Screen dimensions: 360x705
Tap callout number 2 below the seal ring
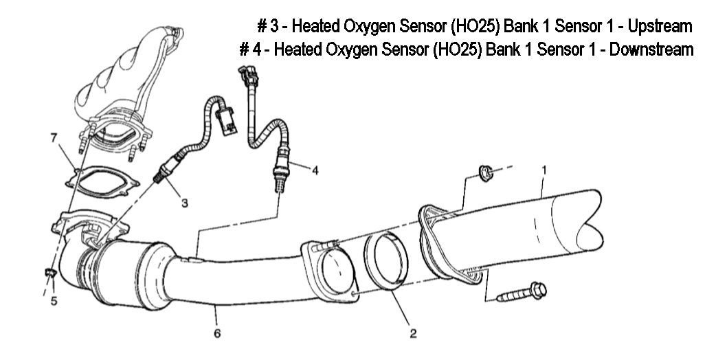point(412,334)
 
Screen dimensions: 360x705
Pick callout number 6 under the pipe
point(217,335)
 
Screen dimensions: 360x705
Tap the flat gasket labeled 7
point(103,180)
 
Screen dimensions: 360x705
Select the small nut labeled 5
point(49,274)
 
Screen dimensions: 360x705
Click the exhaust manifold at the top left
point(131,76)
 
